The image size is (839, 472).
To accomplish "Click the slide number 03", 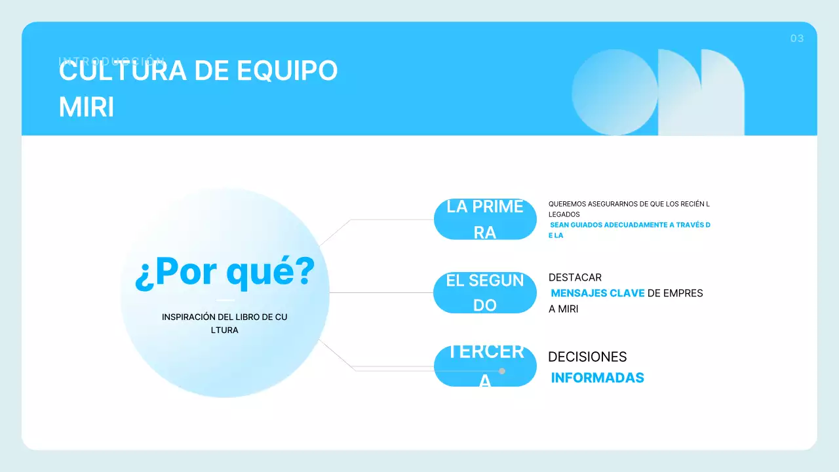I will pyautogui.click(x=796, y=39).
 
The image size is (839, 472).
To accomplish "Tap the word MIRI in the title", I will pyautogui.click(x=87, y=108).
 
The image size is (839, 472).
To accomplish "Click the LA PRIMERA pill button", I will pyautogui.click(x=485, y=220).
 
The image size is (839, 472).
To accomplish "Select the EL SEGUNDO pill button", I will pyautogui.click(x=485, y=293).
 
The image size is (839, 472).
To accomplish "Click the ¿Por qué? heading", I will pyautogui.click(x=225, y=272).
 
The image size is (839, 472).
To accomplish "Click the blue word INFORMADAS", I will pyautogui.click(x=597, y=378).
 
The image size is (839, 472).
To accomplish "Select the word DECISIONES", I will pyautogui.click(x=587, y=357).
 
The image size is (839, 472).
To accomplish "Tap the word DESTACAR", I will pyautogui.click(x=575, y=277).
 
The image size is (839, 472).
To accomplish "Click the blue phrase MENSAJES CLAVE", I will pyautogui.click(x=598, y=293).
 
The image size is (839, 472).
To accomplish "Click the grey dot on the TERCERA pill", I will pyautogui.click(x=502, y=371).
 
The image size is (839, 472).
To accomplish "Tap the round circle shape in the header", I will pyautogui.click(x=615, y=92).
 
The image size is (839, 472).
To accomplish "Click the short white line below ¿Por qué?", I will pyautogui.click(x=225, y=300).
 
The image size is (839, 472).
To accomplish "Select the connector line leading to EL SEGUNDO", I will pyautogui.click(x=380, y=292).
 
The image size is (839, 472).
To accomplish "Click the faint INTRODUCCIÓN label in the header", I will pyautogui.click(x=111, y=60).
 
